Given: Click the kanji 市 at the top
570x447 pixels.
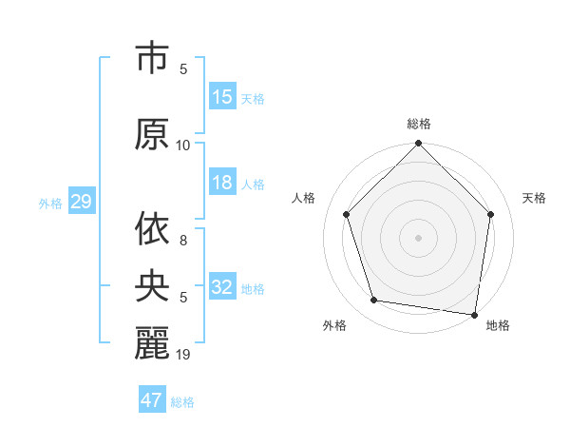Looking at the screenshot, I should [x=152, y=59].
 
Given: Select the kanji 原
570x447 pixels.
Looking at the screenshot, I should [x=152, y=134].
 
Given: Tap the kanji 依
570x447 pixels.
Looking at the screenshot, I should [x=152, y=229].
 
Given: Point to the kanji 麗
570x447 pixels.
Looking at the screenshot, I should [x=152, y=341].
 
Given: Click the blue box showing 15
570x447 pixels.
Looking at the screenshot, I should [x=222, y=97].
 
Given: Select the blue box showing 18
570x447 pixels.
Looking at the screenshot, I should [x=222, y=184].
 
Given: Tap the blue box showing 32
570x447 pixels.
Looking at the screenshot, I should [x=222, y=288].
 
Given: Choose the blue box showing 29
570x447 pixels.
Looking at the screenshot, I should [x=82, y=202].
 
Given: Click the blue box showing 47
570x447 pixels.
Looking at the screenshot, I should [x=152, y=400].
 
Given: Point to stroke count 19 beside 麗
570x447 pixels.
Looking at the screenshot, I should [x=183, y=355].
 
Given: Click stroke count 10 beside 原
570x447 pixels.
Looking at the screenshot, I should [x=183, y=146].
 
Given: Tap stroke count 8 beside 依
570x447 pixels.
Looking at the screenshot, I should [x=183, y=242].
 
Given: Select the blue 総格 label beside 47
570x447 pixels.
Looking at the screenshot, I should [x=182, y=402].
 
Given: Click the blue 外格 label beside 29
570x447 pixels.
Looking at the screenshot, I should [x=50, y=203].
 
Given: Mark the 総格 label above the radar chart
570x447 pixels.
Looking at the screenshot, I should [x=419, y=124].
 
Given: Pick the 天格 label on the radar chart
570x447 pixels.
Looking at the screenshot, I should [x=535, y=198].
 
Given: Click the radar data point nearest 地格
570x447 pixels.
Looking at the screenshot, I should [x=475, y=314].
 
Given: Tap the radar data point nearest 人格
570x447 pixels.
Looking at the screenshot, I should [x=347, y=214].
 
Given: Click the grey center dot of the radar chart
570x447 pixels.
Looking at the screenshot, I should [x=419, y=237].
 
